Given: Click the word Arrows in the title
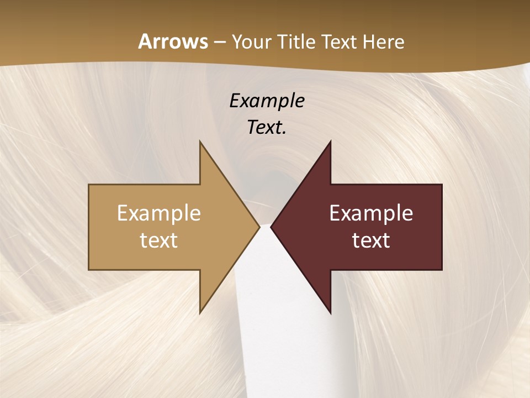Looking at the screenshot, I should click(x=173, y=41).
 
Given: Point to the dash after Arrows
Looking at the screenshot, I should click(x=219, y=42).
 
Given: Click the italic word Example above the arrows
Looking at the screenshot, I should click(x=267, y=101).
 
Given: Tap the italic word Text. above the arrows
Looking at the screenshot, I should click(x=265, y=128).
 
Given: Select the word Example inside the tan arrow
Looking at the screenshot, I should click(x=159, y=213).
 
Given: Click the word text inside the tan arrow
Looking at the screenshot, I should click(x=159, y=240).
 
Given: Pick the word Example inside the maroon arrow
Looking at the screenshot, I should click(x=371, y=213).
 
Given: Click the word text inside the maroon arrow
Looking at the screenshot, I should click(x=371, y=240).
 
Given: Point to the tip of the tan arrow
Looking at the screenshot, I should click(x=258, y=227).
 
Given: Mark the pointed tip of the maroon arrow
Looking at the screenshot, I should click(x=272, y=227).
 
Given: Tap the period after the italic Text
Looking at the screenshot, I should click(x=284, y=133).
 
